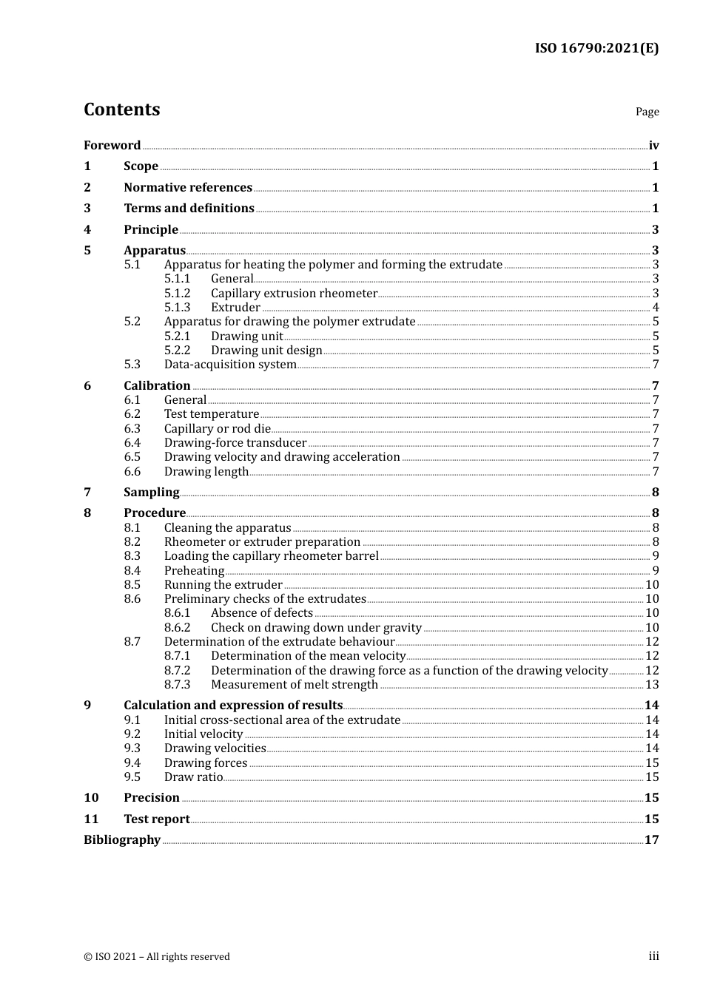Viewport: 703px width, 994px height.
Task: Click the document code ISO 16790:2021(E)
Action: coord(596,48)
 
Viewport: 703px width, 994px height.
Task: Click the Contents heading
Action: coord(121,109)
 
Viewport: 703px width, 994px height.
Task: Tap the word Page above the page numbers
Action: coord(647,112)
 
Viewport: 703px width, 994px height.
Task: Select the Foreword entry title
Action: coord(112,145)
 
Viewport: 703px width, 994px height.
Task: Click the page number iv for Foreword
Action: coord(653,145)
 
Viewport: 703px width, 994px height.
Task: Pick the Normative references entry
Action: coord(188,187)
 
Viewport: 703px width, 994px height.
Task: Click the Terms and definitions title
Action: coord(189,208)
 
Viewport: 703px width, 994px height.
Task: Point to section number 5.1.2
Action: coord(177,293)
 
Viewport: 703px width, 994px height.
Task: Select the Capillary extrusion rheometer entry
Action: coord(294,293)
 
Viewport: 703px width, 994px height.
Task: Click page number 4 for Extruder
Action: coord(655,307)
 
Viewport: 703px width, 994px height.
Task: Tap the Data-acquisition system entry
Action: coord(230,364)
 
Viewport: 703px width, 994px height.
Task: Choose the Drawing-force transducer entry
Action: coord(235,442)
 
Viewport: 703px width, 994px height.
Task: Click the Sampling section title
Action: coord(151,492)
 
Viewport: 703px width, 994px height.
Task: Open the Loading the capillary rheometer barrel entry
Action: coord(271,555)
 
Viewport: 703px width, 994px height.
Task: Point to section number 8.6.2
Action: coord(177,627)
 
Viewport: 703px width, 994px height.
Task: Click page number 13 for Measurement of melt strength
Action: coord(652,684)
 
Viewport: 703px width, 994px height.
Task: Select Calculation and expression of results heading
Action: coord(233,705)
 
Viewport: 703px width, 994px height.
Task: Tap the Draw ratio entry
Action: coord(193,777)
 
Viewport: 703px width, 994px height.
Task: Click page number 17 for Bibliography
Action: coord(651,839)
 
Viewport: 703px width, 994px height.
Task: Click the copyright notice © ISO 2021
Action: coord(157,956)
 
